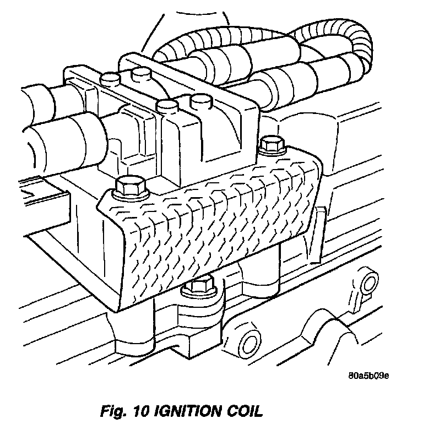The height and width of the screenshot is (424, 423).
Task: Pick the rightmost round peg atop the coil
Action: (x=199, y=101)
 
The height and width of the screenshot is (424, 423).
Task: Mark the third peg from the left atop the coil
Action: (x=165, y=106)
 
